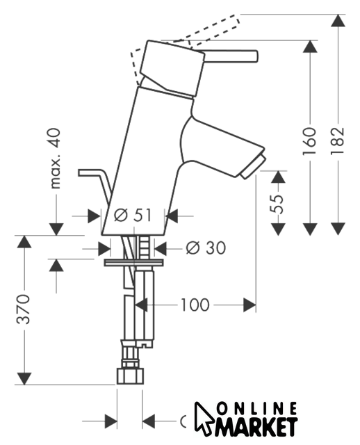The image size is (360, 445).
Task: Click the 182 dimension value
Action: click(338, 140)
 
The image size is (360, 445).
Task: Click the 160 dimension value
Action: click(309, 141)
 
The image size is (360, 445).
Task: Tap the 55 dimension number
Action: click(277, 204)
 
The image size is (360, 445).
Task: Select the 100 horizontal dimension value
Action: click(195, 305)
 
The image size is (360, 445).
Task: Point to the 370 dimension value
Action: click(23, 309)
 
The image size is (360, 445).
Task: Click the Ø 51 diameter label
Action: click(133, 215)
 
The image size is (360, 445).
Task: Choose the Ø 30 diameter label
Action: click(206, 248)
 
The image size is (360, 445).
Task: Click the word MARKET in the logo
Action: click(256, 426)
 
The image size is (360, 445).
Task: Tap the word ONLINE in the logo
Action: click(257, 409)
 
